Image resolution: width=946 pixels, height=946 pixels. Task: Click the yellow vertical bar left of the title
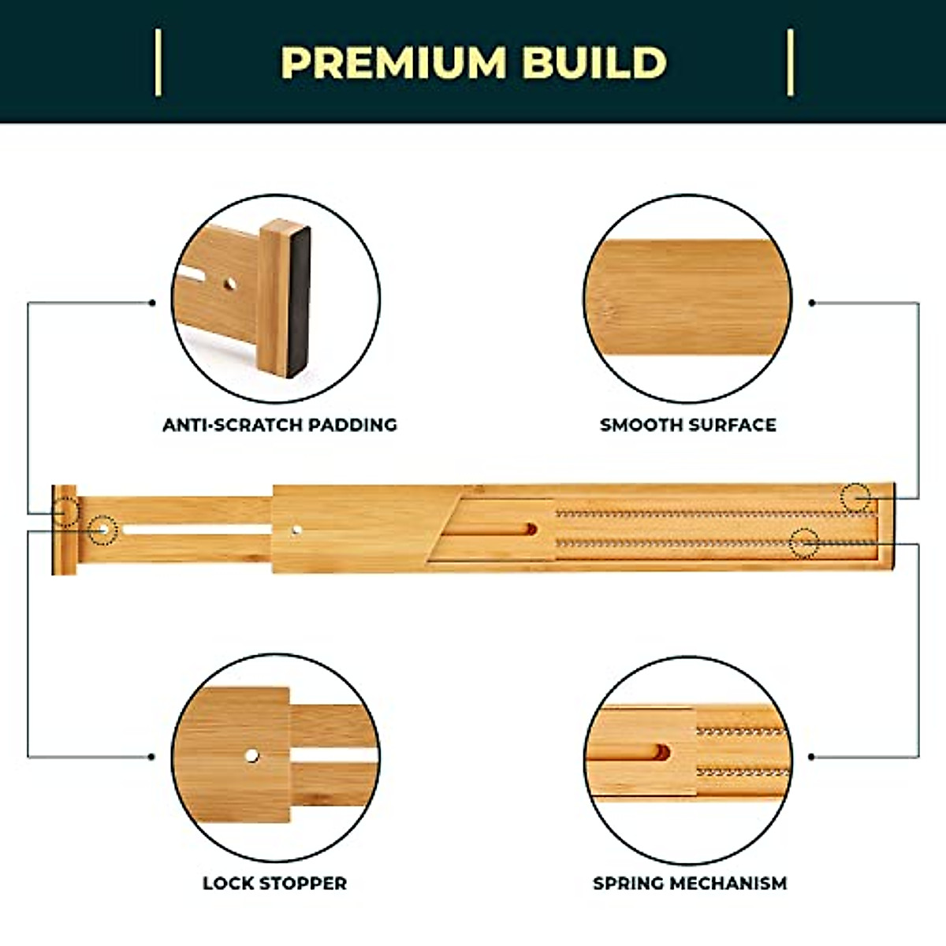point(158,63)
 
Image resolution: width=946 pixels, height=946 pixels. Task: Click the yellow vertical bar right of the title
point(790,63)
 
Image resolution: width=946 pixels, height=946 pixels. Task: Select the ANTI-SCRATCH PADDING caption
point(279,425)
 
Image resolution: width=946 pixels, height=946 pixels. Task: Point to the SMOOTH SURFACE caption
point(687,425)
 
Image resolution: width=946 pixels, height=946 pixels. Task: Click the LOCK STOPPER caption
point(274,883)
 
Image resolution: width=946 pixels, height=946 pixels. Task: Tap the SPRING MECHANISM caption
point(690,883)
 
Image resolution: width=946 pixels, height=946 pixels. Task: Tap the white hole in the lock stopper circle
point(251,756)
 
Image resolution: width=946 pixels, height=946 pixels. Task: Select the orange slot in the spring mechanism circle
point(661,753)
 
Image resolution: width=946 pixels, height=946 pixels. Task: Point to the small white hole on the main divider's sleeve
point(296,531)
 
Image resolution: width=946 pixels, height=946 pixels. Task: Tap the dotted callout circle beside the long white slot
point(102,530)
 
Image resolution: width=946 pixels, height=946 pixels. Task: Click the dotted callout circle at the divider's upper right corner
point(855,498)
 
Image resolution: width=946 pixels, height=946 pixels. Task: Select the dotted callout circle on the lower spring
point(804,543)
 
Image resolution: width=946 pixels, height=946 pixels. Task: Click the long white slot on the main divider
point(197,530)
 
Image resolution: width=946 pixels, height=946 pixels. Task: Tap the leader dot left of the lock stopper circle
point(151,757)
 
